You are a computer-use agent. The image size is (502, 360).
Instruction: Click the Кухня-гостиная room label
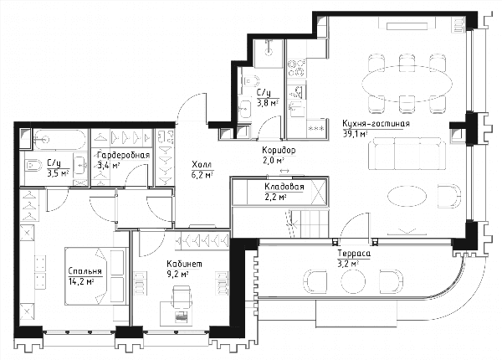[x=376, y=123]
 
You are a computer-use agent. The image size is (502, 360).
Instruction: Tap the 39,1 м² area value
[x=355, y=134]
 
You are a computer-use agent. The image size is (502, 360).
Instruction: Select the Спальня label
[x=85, y=271]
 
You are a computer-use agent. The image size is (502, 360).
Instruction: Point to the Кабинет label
[x=184, y=264]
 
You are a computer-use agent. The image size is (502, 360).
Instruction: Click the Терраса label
[x=354, y=254]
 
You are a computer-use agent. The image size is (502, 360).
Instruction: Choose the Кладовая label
[x=284, y=187]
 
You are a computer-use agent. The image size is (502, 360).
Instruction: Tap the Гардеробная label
[x=123, y=156]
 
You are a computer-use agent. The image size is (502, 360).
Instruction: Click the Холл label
[x=202, y=165]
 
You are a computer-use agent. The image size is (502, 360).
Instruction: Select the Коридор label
[x=279, y=150]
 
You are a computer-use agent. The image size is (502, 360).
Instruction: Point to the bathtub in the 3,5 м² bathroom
[x=60, y=139]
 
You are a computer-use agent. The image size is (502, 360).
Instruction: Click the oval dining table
[x=407, y=84]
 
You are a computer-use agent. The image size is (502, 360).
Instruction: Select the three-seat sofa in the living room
[x=407, y=153]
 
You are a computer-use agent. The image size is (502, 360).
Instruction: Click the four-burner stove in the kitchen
[x=296, y=68]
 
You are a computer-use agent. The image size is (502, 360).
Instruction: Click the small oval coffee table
[x=407, y=195]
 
